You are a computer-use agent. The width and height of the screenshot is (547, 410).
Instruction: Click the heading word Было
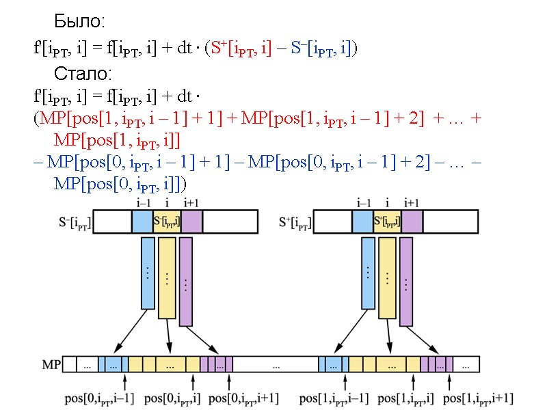point(79,22)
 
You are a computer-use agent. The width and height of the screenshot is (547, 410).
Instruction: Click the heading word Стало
point(83,73)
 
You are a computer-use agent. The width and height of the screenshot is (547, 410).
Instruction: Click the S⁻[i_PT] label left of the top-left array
point(75,222)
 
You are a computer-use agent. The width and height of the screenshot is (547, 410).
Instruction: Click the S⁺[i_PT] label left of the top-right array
point(295,222)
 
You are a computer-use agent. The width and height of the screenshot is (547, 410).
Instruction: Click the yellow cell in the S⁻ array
point(168,221)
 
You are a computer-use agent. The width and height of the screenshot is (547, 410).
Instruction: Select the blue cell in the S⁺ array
point(363,221)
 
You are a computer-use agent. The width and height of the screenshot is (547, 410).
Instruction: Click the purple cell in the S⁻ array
point(192,221)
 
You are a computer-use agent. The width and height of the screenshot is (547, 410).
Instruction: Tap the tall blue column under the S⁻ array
point(148,273)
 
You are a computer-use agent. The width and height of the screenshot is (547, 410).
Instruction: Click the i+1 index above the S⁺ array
point(412,202)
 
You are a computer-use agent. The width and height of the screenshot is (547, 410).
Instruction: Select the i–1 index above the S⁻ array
point(143,202)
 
